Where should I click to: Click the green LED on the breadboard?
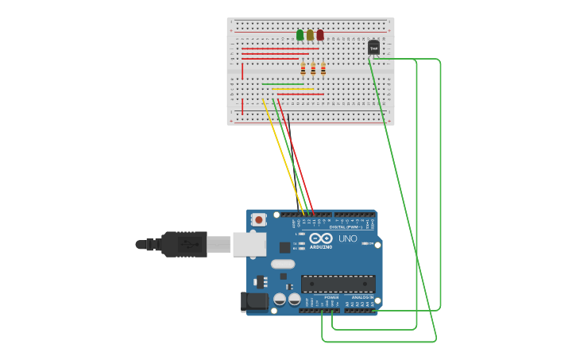pos(300,35)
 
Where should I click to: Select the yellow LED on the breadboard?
pos(310,35)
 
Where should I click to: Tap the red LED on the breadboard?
pos(320,35)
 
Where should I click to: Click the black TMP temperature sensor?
pos(373,48)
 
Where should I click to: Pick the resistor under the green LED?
pos(303,69)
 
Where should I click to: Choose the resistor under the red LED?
pos(323,69)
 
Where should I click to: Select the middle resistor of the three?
pos(313,69)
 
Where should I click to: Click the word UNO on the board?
pos(348,238)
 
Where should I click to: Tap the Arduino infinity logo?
pos(321,238)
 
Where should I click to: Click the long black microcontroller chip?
pos(338,284)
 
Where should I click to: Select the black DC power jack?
pos(253,301)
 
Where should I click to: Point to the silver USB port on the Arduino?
pos(249,244)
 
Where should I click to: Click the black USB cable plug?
pos(184,244)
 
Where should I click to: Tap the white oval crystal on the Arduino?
pos(282,264)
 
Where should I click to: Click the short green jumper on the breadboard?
pos(283,84)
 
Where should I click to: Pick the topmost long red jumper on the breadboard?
pos(280,48)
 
